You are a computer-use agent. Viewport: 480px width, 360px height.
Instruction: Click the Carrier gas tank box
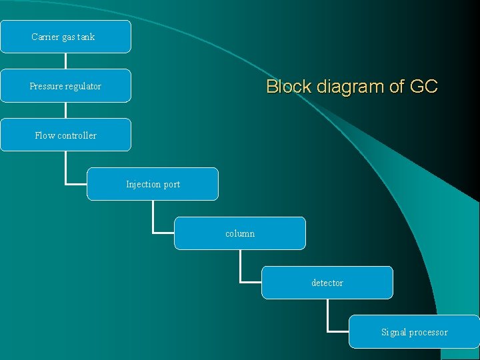pos(65,37)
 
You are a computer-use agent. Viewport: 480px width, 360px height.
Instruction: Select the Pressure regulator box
pos(65,86)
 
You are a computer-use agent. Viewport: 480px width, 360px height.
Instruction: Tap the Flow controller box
pos(65,135)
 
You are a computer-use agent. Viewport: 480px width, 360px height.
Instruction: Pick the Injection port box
pos(153,184)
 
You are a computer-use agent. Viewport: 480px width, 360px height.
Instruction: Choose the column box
pos(240,233)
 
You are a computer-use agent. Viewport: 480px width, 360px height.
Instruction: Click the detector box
pos(327,283)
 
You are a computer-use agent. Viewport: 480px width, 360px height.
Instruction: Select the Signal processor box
pos(414,332)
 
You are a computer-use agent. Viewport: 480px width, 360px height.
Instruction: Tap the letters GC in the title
pos(423,87)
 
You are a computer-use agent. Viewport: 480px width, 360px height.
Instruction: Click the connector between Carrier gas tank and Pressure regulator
pos(65,61)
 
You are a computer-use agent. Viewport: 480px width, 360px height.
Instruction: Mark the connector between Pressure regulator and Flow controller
pos(65,110)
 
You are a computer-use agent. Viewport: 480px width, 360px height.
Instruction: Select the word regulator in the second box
pos(83,86)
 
